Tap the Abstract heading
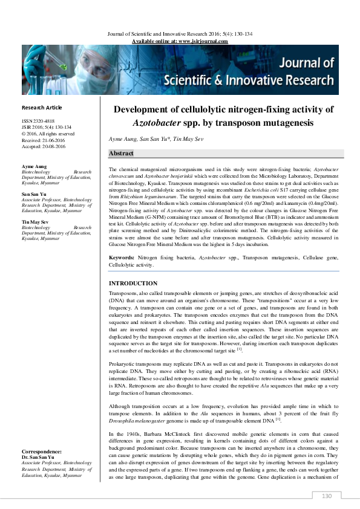click(123, 154)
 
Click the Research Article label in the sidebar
click(42, 108)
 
